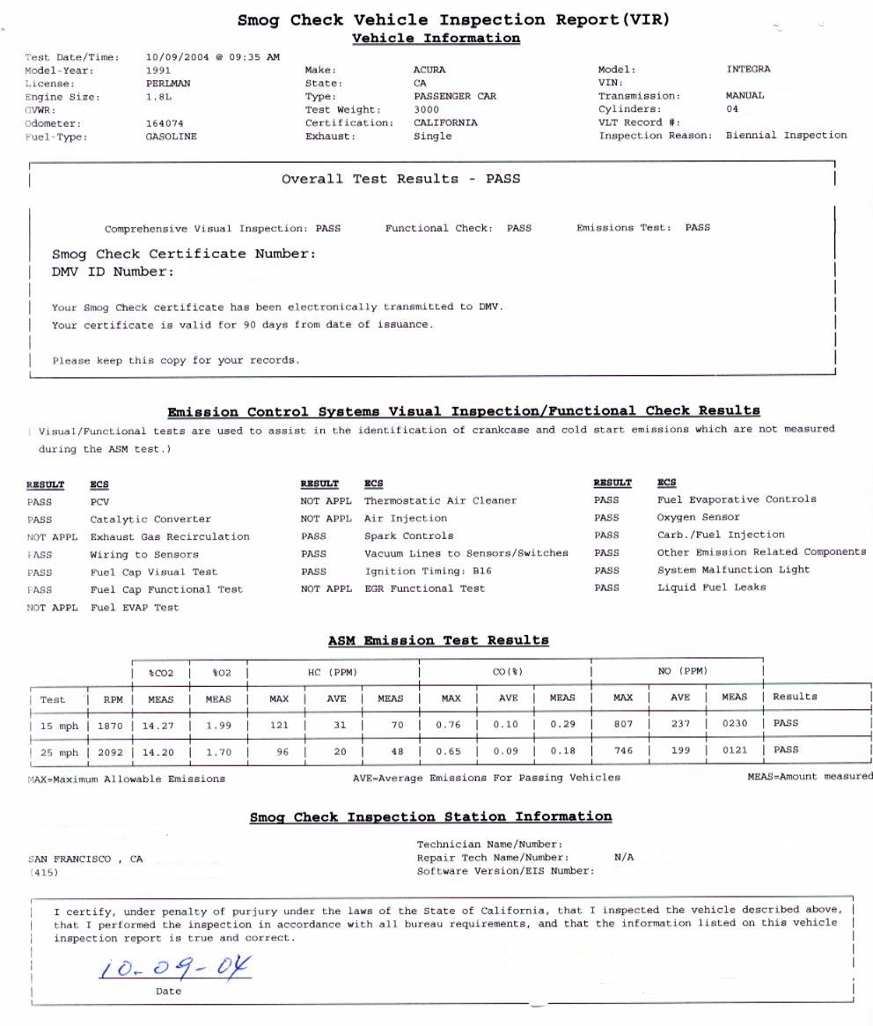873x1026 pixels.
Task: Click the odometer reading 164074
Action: coord(164,123)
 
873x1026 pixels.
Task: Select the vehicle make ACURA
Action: coord(429,70)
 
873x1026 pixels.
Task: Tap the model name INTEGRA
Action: coord(748,69)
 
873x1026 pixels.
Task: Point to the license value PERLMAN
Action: coord(167,83)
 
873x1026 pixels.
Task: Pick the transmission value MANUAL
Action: coord(745,95)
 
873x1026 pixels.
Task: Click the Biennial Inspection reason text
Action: coord(786,136)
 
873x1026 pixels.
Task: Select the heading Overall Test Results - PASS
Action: coord(400,179)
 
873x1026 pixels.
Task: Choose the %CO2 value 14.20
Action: coord(160,752)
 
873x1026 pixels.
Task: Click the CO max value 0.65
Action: coord(451,752)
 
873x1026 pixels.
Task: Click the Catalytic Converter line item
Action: coord(150,520)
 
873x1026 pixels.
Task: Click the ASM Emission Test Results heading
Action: coord(438,640)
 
